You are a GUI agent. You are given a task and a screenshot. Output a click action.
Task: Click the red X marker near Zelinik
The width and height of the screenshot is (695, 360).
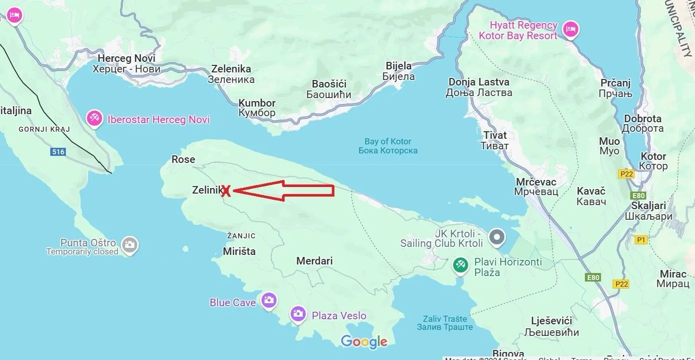coord(226,191)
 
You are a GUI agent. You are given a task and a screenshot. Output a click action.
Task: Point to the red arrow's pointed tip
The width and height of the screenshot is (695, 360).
coord(234,191)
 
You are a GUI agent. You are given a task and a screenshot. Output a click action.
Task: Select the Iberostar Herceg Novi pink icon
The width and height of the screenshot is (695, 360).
coord(94,119)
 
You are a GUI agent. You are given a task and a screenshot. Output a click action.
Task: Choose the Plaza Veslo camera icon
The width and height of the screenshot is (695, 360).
coord(298,314)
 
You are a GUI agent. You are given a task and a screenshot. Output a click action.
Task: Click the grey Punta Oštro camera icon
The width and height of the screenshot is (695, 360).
coord(130,245)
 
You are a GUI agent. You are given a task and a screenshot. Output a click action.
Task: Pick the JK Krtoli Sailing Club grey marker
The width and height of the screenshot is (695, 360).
coord(497,237)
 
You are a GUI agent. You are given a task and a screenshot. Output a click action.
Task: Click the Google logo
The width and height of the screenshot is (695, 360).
coord(364,342)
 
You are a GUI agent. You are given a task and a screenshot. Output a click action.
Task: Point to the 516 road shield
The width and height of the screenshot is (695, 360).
coord(58,151)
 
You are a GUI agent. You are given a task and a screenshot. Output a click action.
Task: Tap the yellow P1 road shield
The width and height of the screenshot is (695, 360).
coord(641,240)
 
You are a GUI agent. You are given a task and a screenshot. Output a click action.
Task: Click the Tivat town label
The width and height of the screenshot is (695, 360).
coord(495,140)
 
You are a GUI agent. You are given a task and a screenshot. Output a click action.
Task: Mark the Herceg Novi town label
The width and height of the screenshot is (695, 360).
coord(126,64)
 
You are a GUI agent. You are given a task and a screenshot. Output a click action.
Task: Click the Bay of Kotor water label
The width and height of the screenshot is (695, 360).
coord(388,146)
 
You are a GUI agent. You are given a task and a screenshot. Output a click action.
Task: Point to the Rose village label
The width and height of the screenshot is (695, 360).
coord(183,159)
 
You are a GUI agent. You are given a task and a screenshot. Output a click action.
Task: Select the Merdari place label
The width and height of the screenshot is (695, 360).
coord(314,261)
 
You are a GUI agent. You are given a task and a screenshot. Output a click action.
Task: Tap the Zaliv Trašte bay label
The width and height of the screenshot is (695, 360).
coord(445,323)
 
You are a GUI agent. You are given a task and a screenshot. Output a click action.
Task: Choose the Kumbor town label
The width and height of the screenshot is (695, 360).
coord(257,108)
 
